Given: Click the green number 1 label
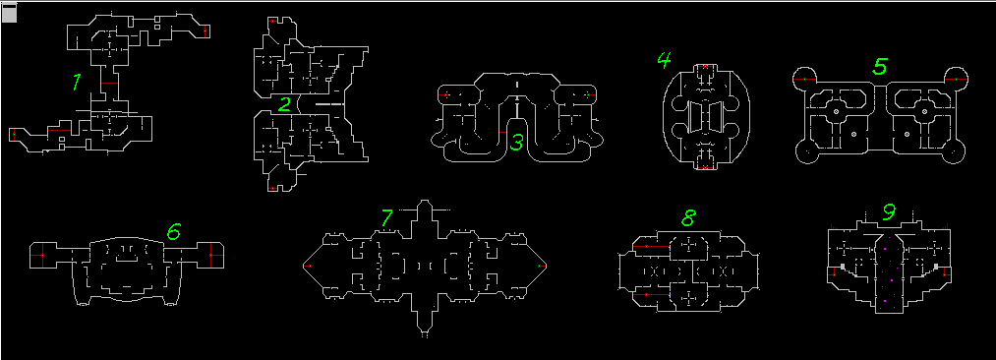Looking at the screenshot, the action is click(77, 82).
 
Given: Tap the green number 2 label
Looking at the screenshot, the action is click(284, 104).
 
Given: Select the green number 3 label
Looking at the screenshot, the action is click(516, 143).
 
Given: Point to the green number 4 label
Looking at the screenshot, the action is click(664, 60).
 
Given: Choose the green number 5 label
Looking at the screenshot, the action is click(880, 66).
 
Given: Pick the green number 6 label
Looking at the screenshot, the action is click(173, 232).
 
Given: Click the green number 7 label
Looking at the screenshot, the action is click(386, 217).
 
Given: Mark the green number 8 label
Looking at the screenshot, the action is click(688, 218).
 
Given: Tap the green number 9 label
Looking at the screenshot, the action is click(889, 212).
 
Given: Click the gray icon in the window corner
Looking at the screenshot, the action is click(9, 13).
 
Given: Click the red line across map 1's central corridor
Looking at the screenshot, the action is click(109, 84).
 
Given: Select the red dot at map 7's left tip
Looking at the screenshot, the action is click(309, 266).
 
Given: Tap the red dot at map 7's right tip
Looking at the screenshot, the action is click(540, 266).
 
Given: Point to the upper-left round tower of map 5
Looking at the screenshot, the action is click(804, 78).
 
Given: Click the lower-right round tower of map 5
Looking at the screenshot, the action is click(954, 152).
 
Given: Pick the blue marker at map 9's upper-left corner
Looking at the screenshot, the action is click(832, 225).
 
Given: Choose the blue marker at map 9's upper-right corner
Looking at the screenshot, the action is click(947, 225).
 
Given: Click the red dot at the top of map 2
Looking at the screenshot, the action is click(272, 21).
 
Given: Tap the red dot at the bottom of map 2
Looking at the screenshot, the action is click(272, 188).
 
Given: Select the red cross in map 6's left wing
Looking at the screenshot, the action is click(42, 255).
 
